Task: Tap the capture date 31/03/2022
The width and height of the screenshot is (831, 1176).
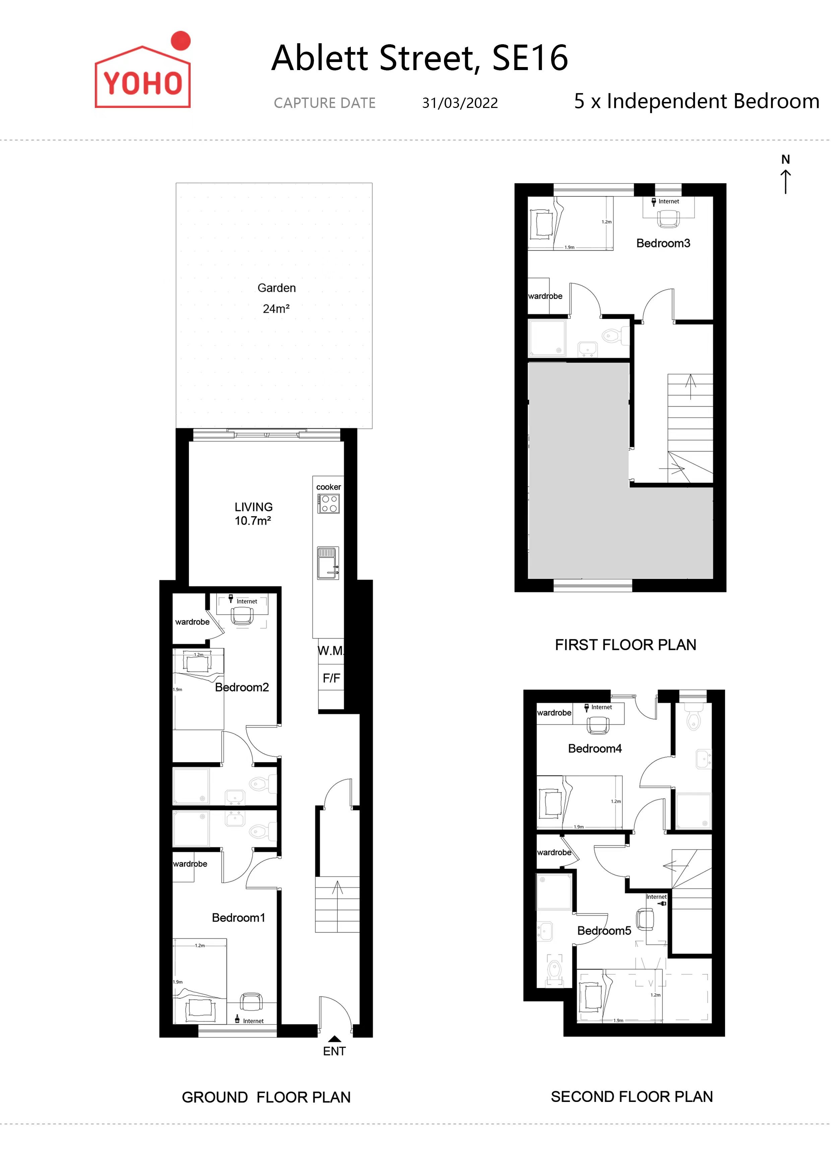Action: click(460, 103)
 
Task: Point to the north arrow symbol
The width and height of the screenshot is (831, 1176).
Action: click(785, 174)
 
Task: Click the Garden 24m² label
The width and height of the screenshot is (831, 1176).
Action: click(276, 298)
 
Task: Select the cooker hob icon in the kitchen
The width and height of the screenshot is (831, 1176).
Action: click(328, 504)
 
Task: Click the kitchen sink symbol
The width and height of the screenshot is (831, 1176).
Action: click(328, 564)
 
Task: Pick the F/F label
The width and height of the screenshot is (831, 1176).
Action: click(331, 678)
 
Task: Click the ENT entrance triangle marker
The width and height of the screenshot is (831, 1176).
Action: click(334, 1039)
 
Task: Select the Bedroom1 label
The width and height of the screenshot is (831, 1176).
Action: click(239, 917)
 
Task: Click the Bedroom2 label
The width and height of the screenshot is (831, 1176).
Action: click(242, 687)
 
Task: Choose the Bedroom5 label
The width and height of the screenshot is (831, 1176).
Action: click(604, 931)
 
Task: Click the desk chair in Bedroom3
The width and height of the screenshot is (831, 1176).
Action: click(668, 219)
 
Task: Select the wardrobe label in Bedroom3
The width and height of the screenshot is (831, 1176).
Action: click(545, 296)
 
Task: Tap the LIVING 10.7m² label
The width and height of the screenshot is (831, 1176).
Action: click(253, 514)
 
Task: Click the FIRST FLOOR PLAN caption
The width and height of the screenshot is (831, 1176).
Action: click(626, 645)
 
